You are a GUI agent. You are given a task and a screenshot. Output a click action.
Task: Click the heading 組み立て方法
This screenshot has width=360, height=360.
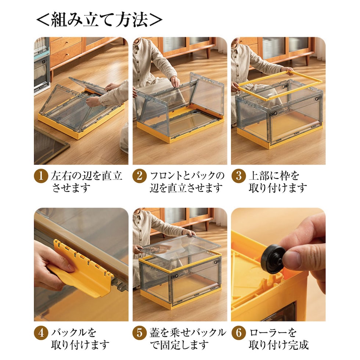(99, 20)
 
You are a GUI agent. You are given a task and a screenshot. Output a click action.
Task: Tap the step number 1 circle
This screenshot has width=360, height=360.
(41, 176)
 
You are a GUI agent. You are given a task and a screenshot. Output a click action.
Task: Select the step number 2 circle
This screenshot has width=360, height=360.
(140, 176)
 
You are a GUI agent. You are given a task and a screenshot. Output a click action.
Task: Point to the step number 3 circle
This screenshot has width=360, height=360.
(239, 176)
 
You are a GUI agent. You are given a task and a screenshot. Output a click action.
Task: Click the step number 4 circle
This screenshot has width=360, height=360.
(41, 333)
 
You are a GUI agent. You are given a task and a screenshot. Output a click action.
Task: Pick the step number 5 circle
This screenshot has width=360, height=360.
(140, 333)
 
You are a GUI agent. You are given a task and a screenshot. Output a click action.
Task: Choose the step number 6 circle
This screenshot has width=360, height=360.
(239, 333)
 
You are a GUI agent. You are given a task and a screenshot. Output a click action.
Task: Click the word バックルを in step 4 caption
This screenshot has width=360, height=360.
(73, 333)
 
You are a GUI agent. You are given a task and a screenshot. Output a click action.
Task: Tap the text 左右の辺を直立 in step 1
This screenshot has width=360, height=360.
(87, 176)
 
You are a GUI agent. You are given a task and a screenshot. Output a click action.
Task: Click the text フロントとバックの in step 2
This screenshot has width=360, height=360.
(187, 176)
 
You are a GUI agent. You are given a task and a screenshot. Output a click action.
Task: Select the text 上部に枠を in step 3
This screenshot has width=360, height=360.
(274, 176)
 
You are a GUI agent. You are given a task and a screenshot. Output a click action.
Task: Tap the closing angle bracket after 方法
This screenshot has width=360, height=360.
(156, 20)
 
